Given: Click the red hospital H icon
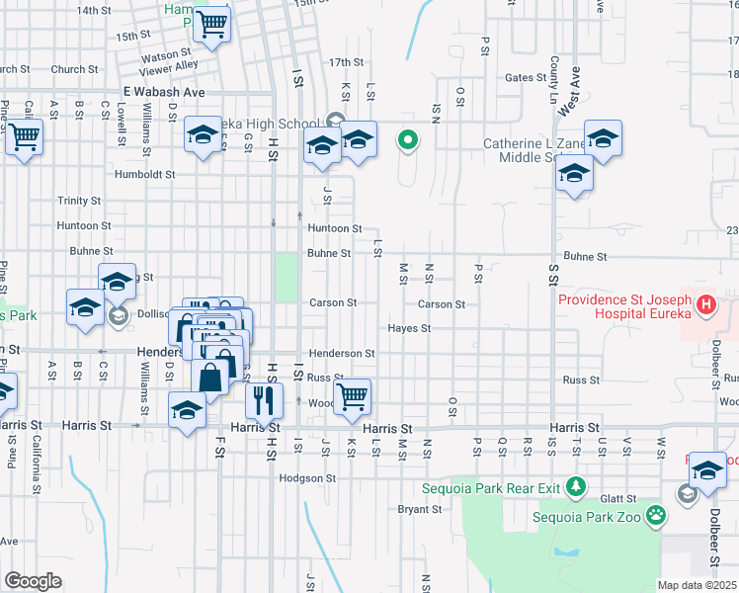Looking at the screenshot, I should pyautogui.click(x=706, y=305).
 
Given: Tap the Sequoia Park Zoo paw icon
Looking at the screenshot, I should pyautogui.click(x=655, y=514).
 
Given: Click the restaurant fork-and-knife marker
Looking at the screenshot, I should pyautogui.click(x=263, y=401).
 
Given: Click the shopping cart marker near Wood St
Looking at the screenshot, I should pyautogui.click(x=353, y=396).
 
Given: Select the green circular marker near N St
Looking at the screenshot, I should pyautogui.click(x=407, y=140).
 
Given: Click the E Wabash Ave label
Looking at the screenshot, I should pyautogui.click(x=164, y=91).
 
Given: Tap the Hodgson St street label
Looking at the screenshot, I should pyautogui.click(x=308, y=477).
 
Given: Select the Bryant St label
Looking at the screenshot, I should pyautogui.click(x=419, y=509).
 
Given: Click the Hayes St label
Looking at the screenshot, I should pyautogui.click(x=409, y=328).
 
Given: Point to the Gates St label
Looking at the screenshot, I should pyautogui.click(x=526, y=77).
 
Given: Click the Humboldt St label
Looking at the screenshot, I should pyautogui.click(x=144, y=173).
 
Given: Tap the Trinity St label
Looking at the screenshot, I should pyautogui.click(x=79, y=200).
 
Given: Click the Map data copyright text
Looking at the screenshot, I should pyautogui.click(x=698, y=585).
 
